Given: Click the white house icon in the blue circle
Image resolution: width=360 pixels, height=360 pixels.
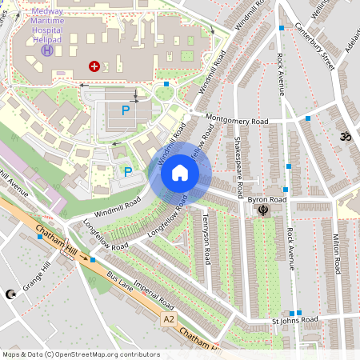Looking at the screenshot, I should [x=180, y=173].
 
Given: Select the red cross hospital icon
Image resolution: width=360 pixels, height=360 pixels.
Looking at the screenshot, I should [x=94, y=67].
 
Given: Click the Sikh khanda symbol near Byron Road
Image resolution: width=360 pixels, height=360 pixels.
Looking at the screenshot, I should [x=262, y=210].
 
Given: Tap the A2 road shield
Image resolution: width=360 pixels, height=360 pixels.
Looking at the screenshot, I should [x=168, y=319].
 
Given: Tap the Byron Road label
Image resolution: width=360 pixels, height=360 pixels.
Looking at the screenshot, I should [x=266, y=198].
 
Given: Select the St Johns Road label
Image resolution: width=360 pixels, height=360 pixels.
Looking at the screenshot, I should [x=294, y=319].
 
